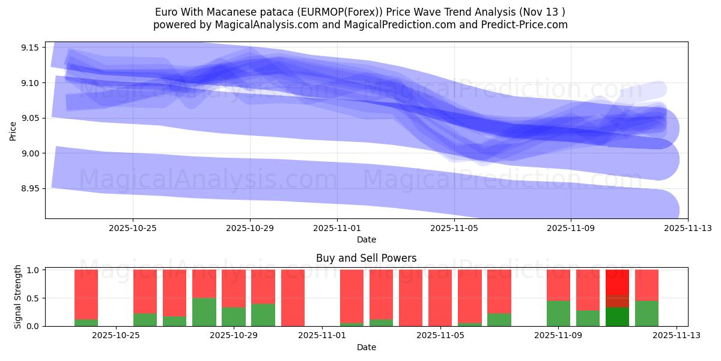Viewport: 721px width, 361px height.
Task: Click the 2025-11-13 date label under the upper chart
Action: (x=688, y=228)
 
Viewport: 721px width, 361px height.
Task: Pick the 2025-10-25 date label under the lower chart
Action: (x=116, y=336)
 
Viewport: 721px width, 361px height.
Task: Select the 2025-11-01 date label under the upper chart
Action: (x=337, y=228)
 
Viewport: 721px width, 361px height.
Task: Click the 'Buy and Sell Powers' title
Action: (x=366, y=258)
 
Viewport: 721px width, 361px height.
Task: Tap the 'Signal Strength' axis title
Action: (x=18, y=297)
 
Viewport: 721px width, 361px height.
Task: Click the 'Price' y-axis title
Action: (x=13, y=130)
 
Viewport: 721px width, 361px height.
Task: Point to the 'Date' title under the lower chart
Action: (x=366, y=347)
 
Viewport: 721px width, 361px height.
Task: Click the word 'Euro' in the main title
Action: (x=166, y=12)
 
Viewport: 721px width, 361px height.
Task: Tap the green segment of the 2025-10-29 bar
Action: (x=233, y=316)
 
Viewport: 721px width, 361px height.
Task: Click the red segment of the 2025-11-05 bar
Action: (x=440, y=297)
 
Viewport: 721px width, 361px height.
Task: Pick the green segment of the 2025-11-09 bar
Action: (x=558, y=313)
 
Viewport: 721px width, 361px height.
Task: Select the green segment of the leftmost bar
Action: (x=86, y=322)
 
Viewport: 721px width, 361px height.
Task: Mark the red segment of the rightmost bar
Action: (x=646, y=285)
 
